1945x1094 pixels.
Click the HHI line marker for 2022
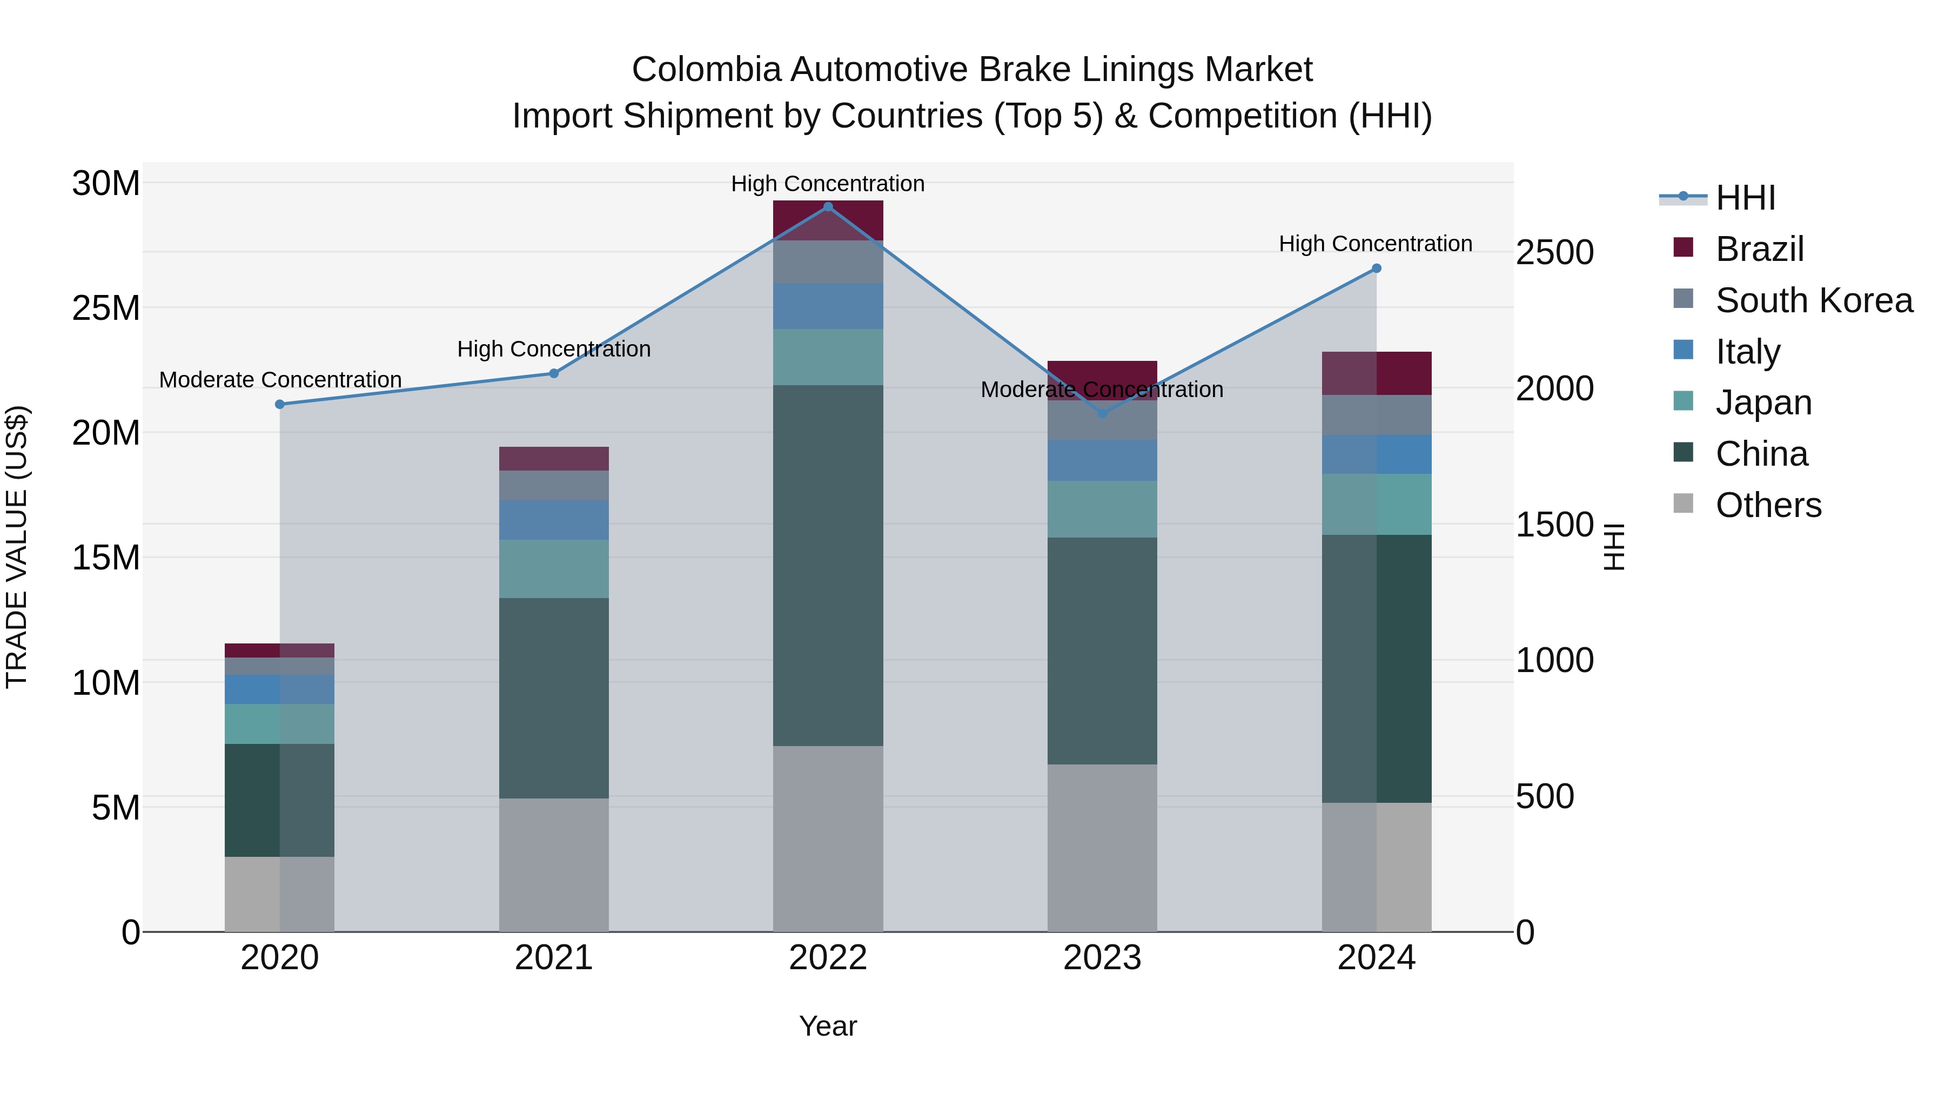(x=828, y=207)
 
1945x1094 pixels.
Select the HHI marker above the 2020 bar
(x=279, y=405)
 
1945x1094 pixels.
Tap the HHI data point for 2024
(x=1377, y=269)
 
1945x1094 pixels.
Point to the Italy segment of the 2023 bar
(x=1102, y=460)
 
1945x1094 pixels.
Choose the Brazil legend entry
(x=1759, y=249)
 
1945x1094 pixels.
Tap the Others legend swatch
(x=1683, y=504)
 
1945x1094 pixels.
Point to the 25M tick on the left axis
(x=106, y=308)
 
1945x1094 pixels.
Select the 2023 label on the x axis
(x=1102, y=958)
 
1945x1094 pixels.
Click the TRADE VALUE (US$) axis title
(x=17, y=547)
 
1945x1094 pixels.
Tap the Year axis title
(x=828, y=1026)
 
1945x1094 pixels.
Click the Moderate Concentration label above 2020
(x=280, y=380)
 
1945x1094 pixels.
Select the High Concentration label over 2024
(x=1375, y=244)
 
